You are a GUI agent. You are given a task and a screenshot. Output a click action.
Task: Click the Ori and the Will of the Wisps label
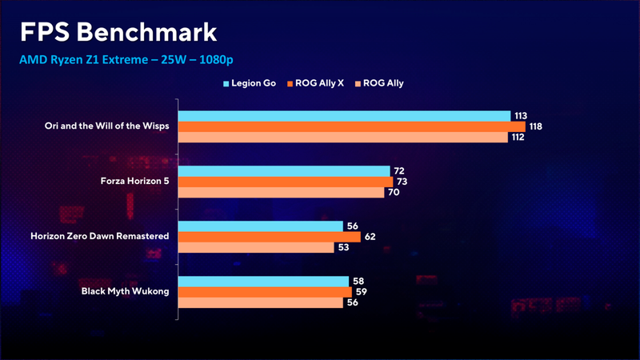click(x=107, y=126)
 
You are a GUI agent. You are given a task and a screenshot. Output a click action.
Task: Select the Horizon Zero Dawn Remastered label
click(x=100, y=237)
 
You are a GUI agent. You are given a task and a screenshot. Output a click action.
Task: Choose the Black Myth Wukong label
click(x=126, y=291)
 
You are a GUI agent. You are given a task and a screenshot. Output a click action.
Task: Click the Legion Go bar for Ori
click(x=344, y=116)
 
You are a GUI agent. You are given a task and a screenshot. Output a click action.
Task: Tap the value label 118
click(x=537, y=126)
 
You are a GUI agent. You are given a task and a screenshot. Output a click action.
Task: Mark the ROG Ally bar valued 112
click(x=342, y=138)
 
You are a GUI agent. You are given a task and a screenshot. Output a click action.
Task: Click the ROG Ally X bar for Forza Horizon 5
click(x=285, y=182)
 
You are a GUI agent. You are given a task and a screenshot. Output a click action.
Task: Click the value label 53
click(x=343, y=248)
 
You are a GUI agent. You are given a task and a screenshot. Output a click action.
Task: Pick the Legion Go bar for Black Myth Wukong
click(x=263, y=281)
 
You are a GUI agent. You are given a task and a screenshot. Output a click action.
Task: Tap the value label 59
click(x=361, y=292)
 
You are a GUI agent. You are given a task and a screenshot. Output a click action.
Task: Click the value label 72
click(x=399, y=171)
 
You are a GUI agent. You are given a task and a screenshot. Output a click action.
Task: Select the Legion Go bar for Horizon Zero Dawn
click(x=260, y=226)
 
